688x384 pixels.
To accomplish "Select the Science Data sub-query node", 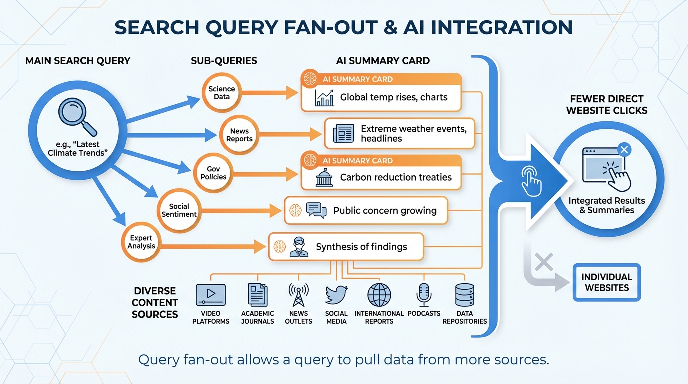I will tap(221, 92).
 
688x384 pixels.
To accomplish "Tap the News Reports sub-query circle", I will tap(239, 135).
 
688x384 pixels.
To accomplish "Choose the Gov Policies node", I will tap(213, 173).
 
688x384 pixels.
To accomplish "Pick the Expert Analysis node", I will tap(141, 242).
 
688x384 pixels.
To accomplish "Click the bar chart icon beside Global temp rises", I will tap(324, 97).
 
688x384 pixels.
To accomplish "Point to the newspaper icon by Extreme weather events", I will tap(343, 134).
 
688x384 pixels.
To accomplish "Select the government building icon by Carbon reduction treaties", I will tap(324, 177).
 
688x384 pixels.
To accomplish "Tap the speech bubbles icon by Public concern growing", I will tap(316, 210).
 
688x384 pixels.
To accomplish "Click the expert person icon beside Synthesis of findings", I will tap(298, 246).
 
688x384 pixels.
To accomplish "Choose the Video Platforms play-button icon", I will tap(211, 294).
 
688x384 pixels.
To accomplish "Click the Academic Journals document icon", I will tap(258, 294).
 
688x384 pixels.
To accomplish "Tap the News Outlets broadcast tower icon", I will tap(298, 294).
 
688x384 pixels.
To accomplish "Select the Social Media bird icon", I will tap(336, 294).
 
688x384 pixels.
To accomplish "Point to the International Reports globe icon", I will tap(379, 294).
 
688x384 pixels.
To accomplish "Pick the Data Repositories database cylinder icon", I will tap(464, 294).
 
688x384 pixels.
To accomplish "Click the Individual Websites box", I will tap(606, 282).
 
